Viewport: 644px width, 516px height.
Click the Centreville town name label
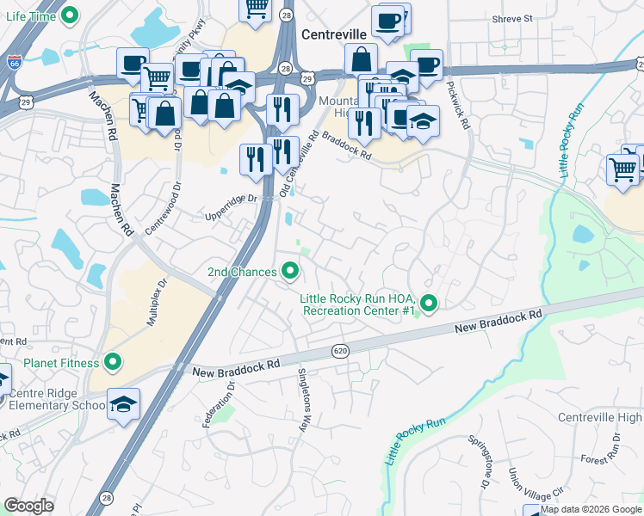tap(335, 34)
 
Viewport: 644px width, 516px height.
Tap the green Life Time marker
tap(72, 15)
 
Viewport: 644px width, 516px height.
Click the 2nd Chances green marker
tap(290, 272)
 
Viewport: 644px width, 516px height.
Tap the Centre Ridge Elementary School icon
tap(123, 404)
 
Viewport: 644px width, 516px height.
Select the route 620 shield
tap(340, 350)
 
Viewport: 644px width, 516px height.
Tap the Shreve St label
tap(512, 17)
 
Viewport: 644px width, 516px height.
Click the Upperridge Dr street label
tap(230, 199)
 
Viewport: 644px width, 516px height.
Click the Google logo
tap(29, 505)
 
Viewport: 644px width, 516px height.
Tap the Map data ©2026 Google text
tap(591, 509)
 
